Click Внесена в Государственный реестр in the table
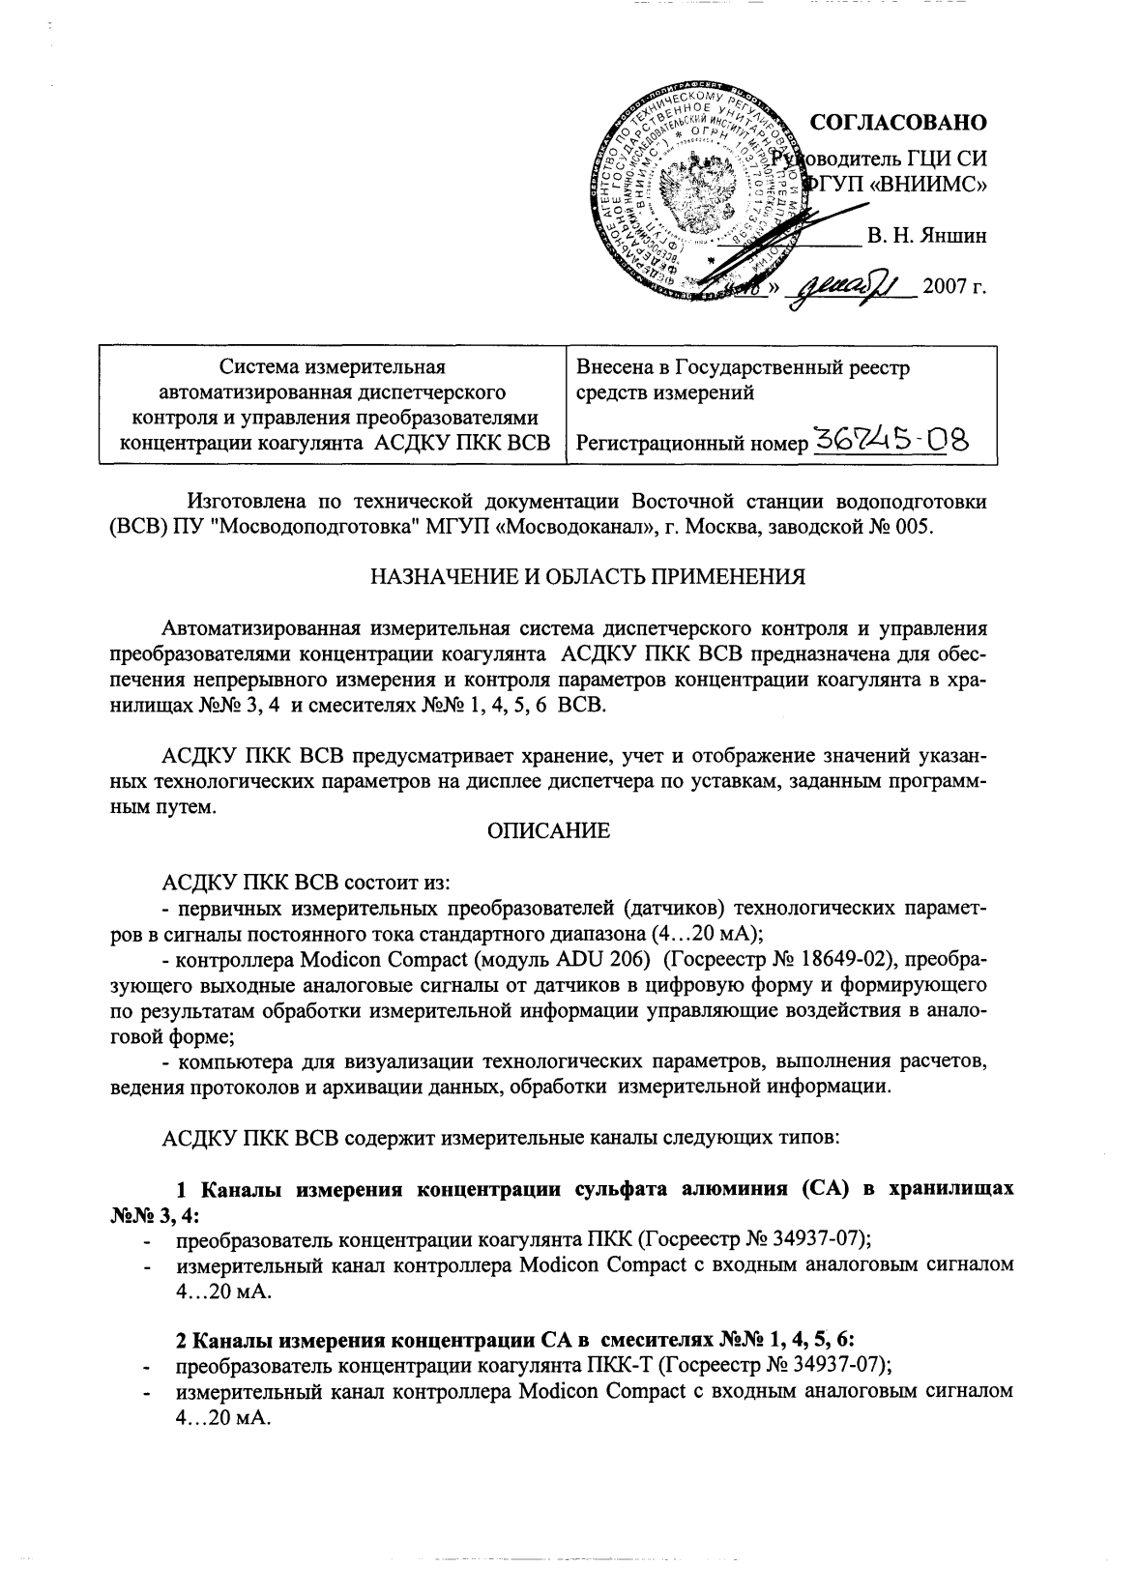click(x=743, y=368)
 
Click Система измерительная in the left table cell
click(x=332, y=367)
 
